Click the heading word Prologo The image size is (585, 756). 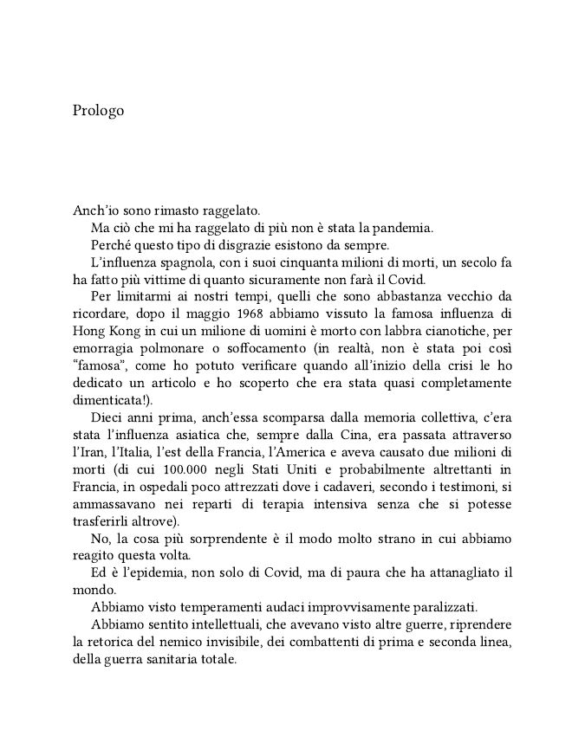click(99, 111)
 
